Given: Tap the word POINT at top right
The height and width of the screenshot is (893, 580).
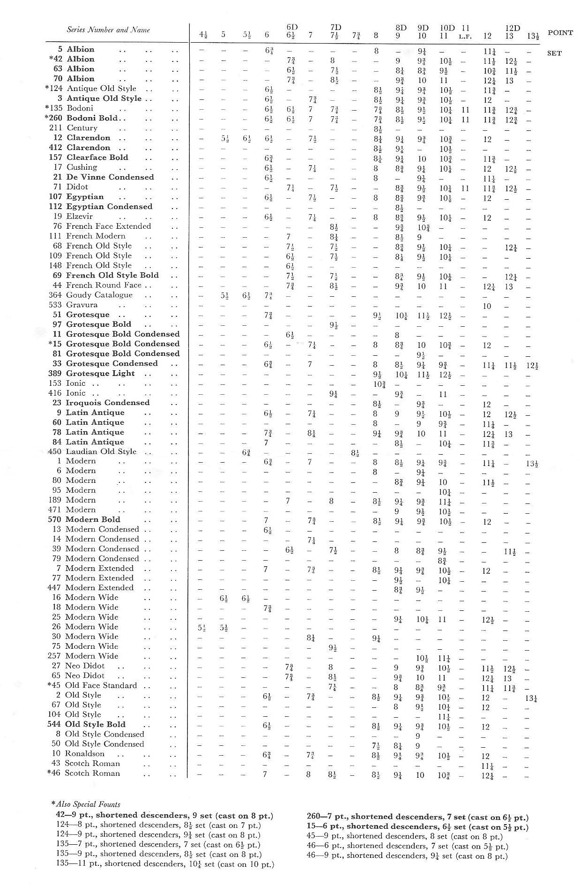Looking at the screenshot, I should click(x=559, y=33).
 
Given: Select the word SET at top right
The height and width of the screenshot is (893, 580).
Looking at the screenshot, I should click(x=554, y=53).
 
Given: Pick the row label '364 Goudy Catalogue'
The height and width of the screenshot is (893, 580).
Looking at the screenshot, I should click(x=90, y=295).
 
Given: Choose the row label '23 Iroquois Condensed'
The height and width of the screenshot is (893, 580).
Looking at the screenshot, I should click(x=101, y=403).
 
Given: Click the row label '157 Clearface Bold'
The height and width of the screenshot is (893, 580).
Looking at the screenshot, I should click(x=89, y=158).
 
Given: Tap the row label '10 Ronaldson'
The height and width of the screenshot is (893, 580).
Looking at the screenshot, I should click(x=78, y=754).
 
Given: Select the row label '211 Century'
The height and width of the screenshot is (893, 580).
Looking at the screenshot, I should click(x=73, y=128).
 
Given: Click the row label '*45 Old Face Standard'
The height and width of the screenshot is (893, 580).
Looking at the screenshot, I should click(x=92, y=685).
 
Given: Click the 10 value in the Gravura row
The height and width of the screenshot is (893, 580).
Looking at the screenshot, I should click(x=487, y=306).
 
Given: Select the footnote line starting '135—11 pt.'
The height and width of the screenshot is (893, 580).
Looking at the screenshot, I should click(x=164, y=864).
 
